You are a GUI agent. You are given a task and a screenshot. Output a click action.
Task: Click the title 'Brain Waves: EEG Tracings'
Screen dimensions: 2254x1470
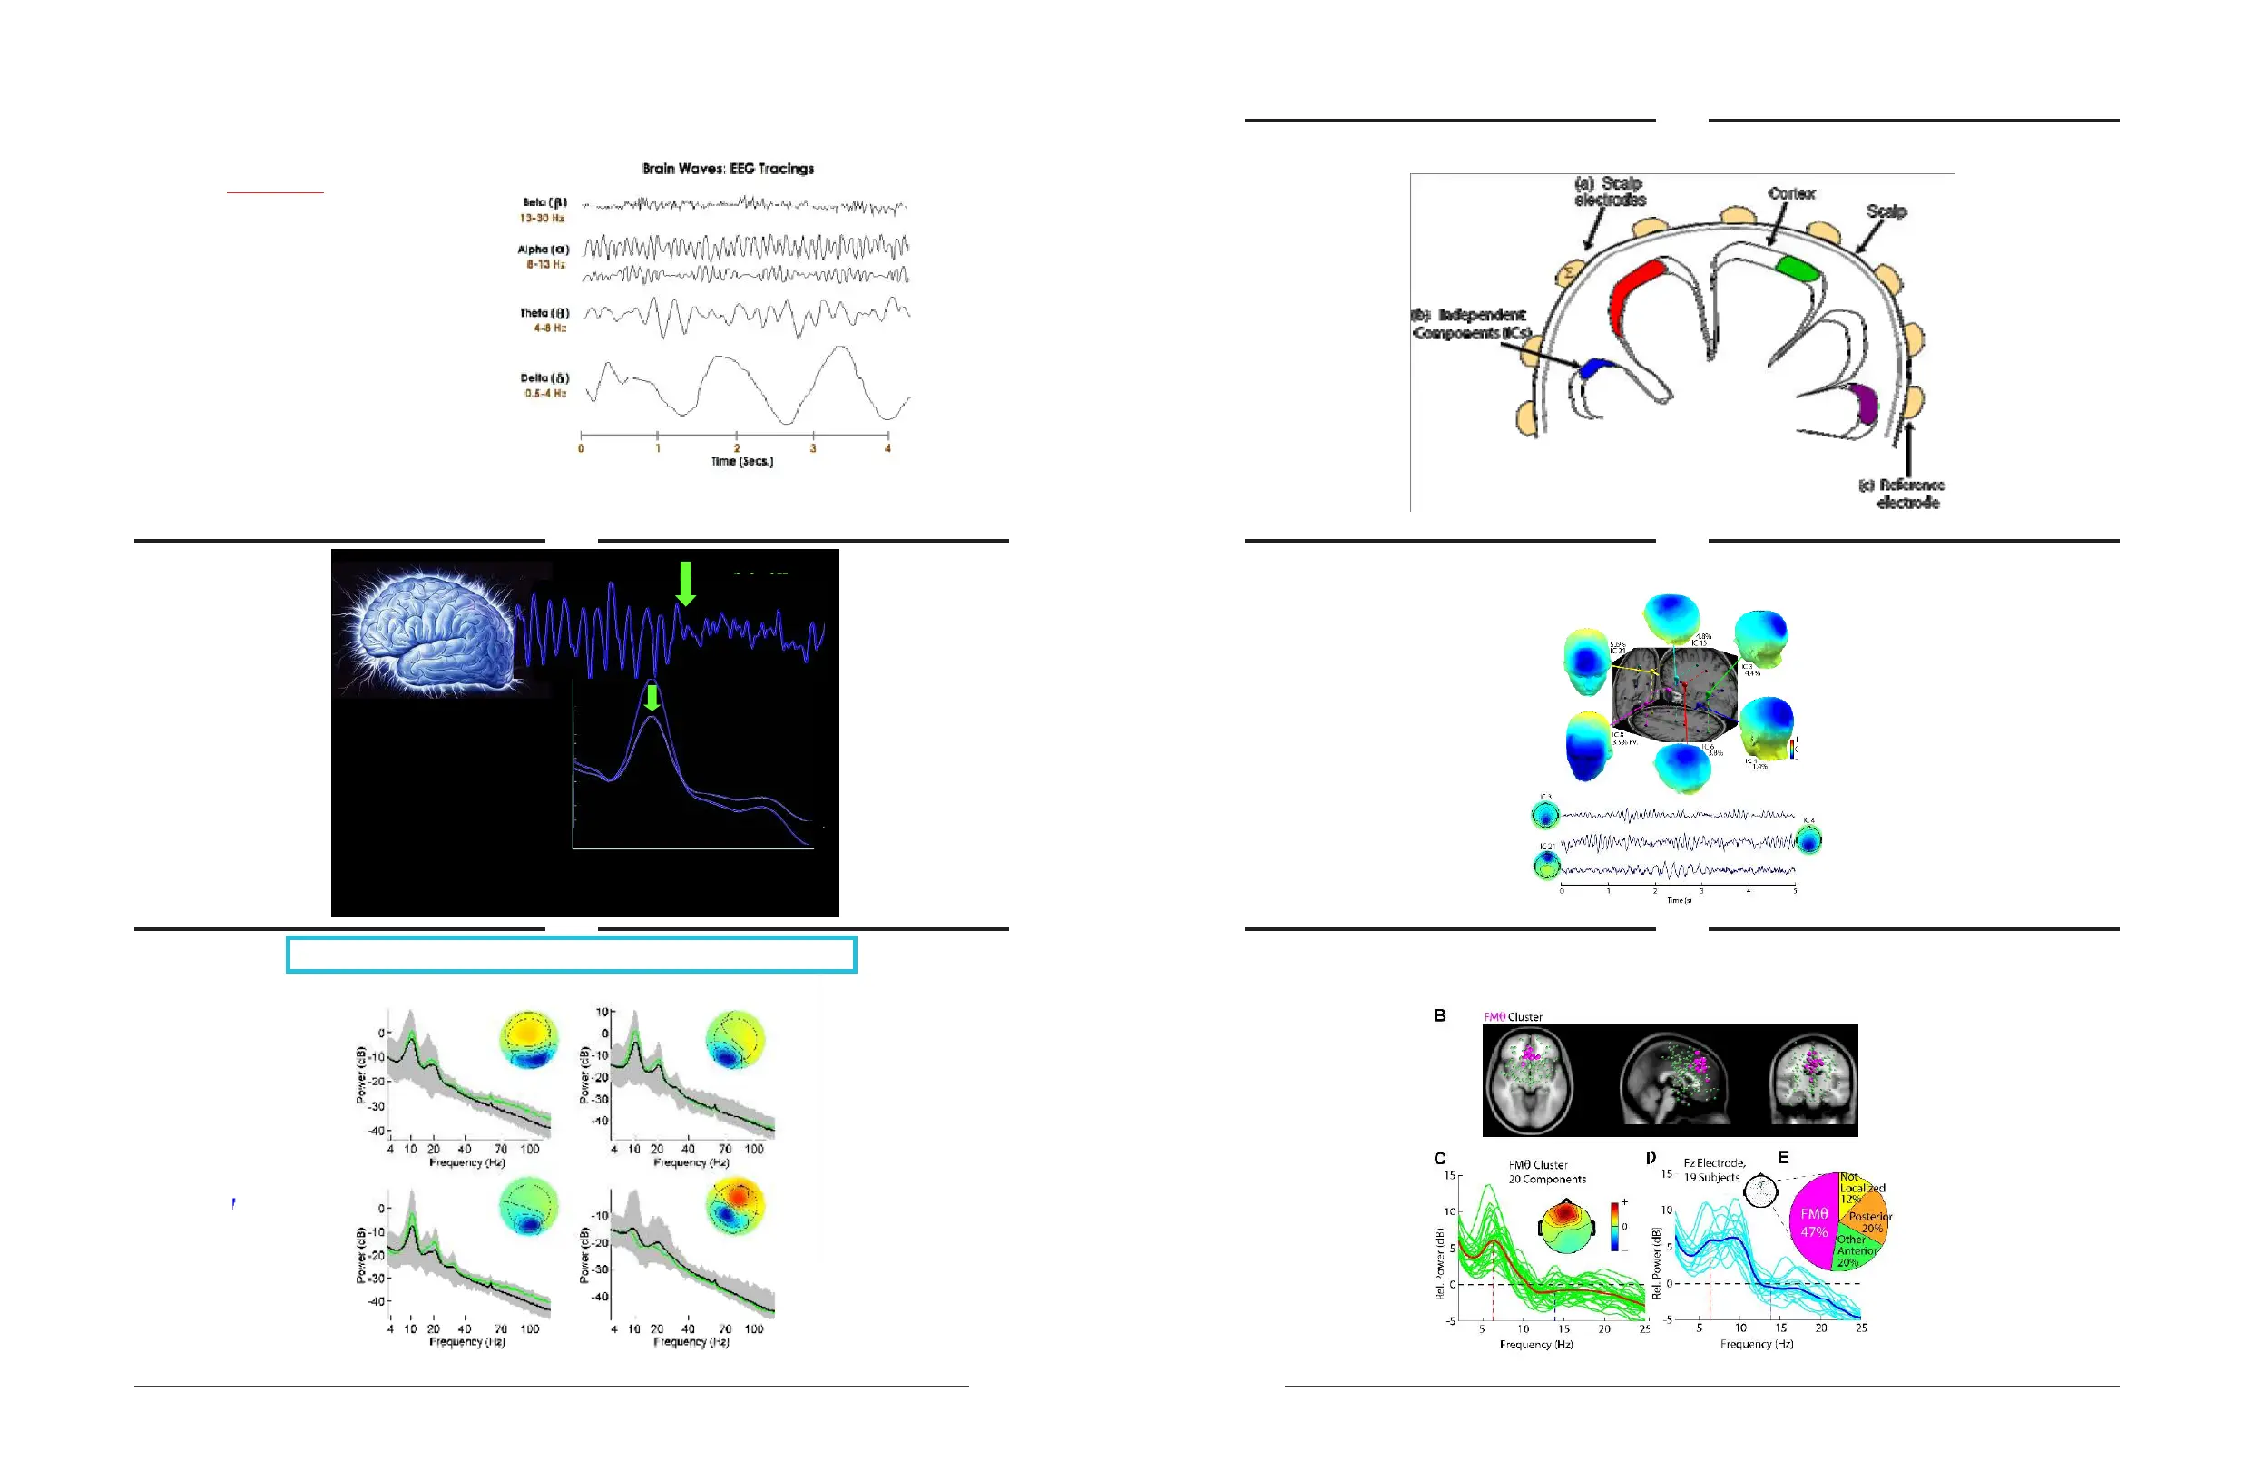coord(728,169)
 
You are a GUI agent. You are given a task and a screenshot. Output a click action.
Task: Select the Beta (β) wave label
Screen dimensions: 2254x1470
coord(544,202)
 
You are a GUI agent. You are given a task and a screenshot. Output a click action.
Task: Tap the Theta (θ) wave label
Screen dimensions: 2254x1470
coord(544,312)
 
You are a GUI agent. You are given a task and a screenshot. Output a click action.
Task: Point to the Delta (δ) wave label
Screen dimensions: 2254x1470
coord(544,377)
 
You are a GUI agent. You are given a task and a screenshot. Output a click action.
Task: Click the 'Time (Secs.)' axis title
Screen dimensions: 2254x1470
coord(741,461)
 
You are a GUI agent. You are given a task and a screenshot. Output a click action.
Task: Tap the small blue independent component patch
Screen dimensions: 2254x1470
coord(1595,367)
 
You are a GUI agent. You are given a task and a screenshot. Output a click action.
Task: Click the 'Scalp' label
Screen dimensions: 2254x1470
coord(1886,211)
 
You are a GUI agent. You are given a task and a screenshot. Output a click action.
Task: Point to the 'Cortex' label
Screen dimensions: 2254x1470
coord(1791,193)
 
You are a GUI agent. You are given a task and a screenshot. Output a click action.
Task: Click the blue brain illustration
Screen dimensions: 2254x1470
coord(431,625)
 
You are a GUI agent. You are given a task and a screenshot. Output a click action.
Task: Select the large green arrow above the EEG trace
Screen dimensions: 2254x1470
coord(686,582)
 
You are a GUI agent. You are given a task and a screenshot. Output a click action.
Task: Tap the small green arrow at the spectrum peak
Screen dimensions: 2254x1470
coord(652,697)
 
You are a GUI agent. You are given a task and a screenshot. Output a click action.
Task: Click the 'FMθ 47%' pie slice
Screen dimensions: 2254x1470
coord(1813,1223)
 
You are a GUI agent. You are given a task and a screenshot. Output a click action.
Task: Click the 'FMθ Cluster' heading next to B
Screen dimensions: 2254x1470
coord(1513,1017)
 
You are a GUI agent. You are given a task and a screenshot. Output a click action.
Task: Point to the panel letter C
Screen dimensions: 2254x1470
coord(1439,1159)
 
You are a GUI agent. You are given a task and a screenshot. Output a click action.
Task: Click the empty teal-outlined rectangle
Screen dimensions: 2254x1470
coord(571,955)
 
